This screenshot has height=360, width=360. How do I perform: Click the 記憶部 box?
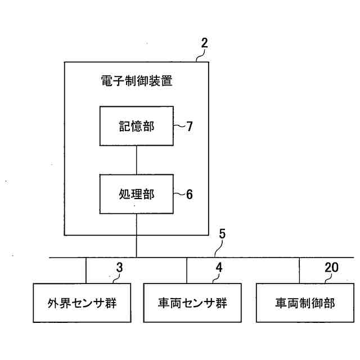pyautogui.click(x=136, y=127)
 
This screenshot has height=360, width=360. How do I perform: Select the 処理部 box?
pyautogui.click(x=136, y=194)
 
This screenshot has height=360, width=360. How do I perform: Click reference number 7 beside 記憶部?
pyautogui.click(x=189, y=127)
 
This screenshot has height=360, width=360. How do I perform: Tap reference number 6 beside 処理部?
pyautogui.click(x=189, y=194)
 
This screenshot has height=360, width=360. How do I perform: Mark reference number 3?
pyautogui.click(x=119, y=268)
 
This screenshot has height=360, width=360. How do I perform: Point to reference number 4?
pyautogui.click(x=219, y=268)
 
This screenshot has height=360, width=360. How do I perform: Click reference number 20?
pyautogui.click(x=332, y=268)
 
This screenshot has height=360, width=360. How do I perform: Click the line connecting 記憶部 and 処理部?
pyautogui.click(x=136, y=160)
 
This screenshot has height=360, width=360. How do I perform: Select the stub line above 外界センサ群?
pyautogui.click(x=85, y=270)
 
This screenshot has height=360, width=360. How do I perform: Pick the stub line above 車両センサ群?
pyautogui.click(x=187, y=270)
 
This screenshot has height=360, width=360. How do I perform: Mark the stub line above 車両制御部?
pyautogui.click(x=299, y=270)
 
